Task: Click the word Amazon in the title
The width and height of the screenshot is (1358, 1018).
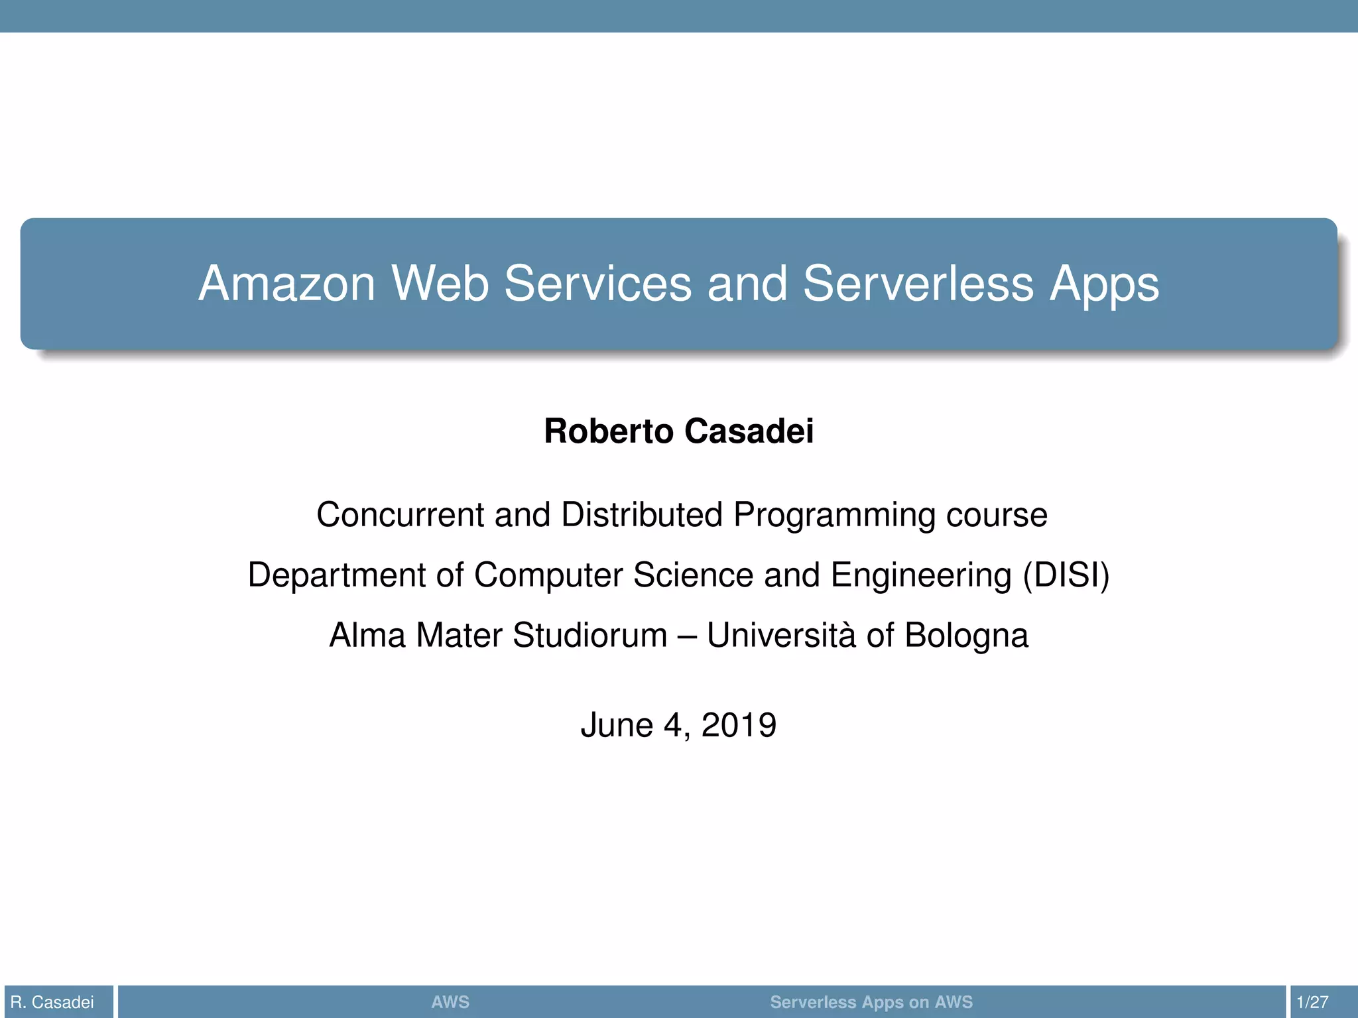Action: click(x=287, y=284)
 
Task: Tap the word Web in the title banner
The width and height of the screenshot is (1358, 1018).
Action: click(x=440, y=284)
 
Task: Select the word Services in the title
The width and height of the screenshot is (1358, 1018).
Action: click(x=597, y=284)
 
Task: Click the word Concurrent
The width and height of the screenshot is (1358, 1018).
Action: click(x=400, y=515)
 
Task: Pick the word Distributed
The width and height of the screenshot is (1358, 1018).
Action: click(x=641, y=515)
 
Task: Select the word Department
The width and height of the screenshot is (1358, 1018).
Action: click(x=336, y=575)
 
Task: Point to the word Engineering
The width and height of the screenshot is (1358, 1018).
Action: click(x=921, y=575)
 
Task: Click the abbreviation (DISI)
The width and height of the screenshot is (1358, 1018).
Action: click(x=1066, y=575)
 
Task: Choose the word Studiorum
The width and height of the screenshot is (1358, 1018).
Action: click(x=589, y=636)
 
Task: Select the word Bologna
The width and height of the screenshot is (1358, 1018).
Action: click(x=966, y=636)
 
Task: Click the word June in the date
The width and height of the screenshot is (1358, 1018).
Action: click(x=617, y=725)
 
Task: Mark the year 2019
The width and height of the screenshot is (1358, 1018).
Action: click(x=739, y=725)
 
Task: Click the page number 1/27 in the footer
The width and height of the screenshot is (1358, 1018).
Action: click(x=1312, y=1002)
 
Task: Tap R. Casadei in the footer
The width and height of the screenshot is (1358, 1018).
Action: click(x=52, y=1002)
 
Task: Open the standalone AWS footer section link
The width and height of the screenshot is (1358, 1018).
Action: click(x=450, y=1002)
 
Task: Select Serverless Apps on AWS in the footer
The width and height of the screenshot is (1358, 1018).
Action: click(x=871, y=1002)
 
